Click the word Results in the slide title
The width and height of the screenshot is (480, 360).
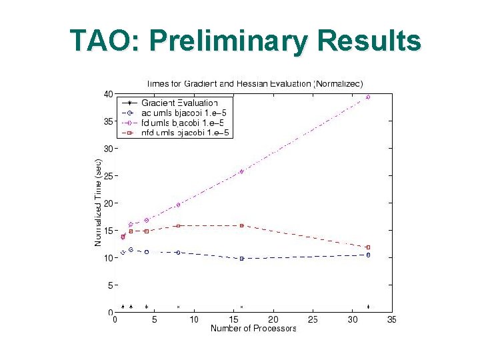tap(369, 41)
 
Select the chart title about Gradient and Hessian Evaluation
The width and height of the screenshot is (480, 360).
tap(259, 83)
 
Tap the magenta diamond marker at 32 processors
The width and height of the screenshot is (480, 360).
tap(368, 97)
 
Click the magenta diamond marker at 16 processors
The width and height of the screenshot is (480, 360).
tap(241, 171)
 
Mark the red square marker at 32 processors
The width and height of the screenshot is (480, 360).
tap(368, 247)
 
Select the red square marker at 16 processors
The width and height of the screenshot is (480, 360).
tap(241, 225)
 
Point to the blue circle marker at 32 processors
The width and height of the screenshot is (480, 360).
tap(368, 255)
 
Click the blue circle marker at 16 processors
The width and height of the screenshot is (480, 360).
tap(241, 258)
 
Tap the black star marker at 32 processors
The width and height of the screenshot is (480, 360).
tap(368, 307)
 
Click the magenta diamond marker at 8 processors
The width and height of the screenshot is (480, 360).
tap(178, 205)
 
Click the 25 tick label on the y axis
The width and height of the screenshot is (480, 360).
tap(107, 176)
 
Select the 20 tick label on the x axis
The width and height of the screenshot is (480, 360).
tap(273, 320)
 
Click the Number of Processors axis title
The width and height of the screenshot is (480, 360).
tap(253, 329)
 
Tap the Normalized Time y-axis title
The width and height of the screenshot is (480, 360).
tap(98, 203)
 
